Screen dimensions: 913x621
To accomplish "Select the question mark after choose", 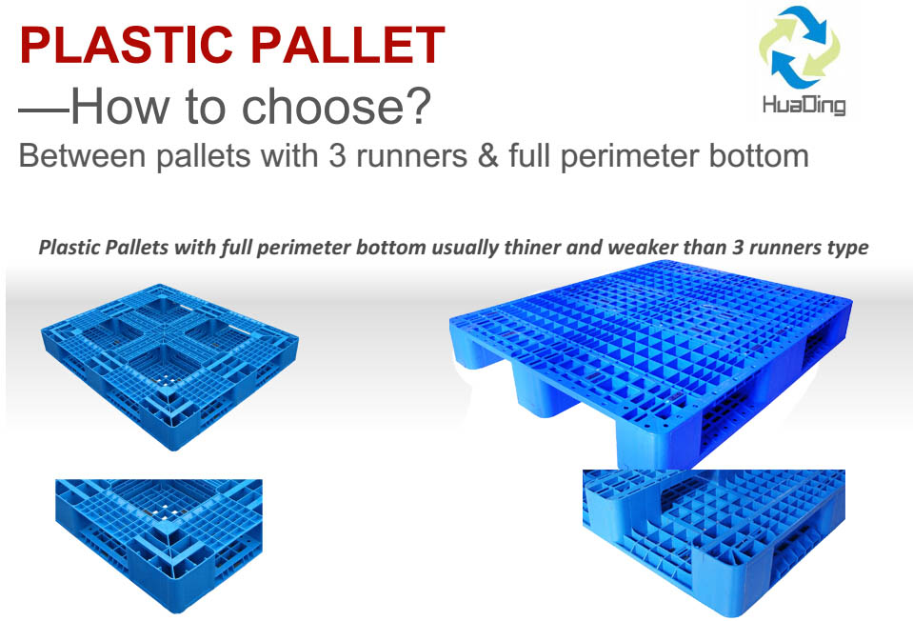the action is pos(417,105).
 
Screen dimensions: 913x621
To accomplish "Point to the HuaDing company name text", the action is pos(804,105).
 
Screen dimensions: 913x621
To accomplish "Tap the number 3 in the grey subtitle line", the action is pos(337,156).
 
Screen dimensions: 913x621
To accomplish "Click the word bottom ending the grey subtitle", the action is pos(759,156).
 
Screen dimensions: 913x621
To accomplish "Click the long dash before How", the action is pos(44,110).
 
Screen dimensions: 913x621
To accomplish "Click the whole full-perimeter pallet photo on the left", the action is pos(169,366).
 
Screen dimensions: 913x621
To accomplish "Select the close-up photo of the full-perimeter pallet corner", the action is pos(159,546).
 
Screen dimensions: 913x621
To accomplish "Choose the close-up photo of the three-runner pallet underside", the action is pos(714,543).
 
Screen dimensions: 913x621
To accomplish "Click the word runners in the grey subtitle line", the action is pos(411,156).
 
